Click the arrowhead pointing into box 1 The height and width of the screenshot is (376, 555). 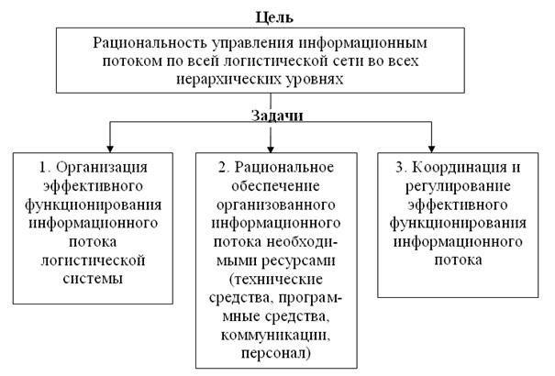pos(110,145)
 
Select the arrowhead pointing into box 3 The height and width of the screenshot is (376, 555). pos(432,145)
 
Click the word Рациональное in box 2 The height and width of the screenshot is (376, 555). pos(282,168)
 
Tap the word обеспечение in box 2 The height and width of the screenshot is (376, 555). pos(271,186)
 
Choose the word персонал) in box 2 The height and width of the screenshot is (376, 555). pos(272,351)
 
